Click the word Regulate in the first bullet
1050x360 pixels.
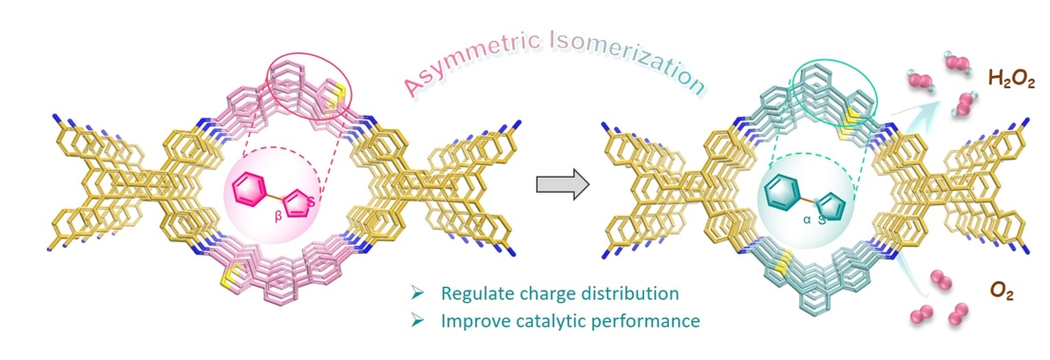pyautogui.click(x=468, y=294)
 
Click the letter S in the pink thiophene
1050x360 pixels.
pyautogui.click(x=310, y=199)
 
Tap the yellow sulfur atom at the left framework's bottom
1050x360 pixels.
pyautogui.click(x=229, y=283)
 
